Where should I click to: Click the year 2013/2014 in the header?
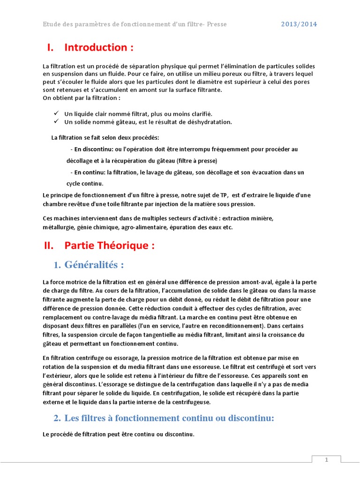299,24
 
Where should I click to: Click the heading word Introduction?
96,47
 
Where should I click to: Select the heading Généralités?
94,265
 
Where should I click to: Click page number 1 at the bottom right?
327,460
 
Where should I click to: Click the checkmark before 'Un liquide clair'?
56,113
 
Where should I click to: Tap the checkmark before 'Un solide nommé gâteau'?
56,122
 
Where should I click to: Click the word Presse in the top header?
216,24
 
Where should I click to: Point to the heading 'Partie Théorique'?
109,246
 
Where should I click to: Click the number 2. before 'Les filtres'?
57,418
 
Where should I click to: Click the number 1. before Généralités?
57,265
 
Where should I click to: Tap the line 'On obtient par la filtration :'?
82,97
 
